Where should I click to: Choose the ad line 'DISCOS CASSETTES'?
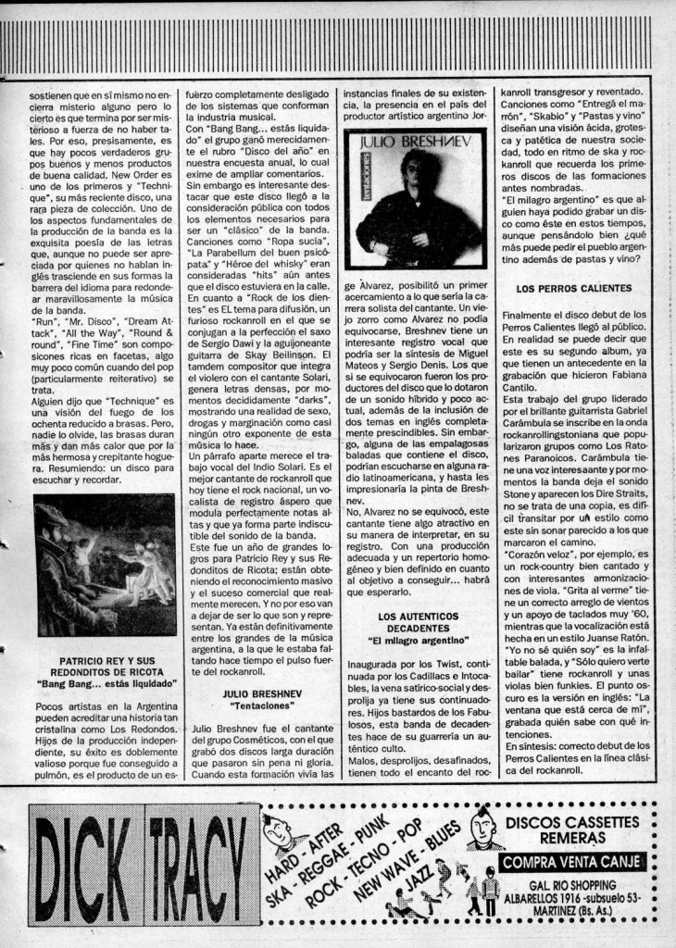pyautogui.click(x=573, y=821)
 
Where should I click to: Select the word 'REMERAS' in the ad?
pyautogui.click(x=576, y=838)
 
